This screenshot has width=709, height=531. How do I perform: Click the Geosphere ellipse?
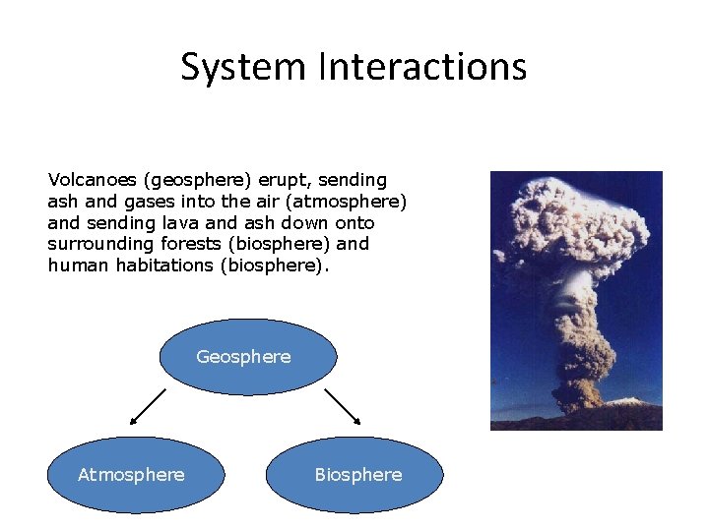pos(247,356)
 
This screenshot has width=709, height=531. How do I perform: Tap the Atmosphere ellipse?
pos(131,475)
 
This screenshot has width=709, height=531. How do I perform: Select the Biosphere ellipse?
pos(356,475)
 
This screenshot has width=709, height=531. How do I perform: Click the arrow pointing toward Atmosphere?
pos(148,405)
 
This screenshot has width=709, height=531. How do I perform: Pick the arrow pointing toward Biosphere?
pos(343,405)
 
